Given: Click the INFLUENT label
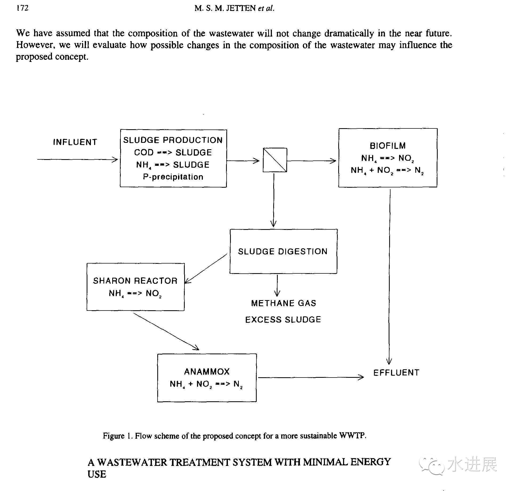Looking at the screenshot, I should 75,142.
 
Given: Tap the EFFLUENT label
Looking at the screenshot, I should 396,373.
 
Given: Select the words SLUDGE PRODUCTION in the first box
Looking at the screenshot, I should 173,140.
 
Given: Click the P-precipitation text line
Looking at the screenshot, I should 173,177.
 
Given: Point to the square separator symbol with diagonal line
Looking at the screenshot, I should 275,160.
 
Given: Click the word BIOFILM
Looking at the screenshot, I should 388,146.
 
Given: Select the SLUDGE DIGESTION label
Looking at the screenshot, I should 283,252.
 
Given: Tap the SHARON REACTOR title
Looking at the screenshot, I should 135,281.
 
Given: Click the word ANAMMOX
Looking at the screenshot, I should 207,372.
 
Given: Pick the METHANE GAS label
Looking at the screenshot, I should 283,303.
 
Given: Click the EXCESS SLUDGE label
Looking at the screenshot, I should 283,320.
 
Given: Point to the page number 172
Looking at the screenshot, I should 22,8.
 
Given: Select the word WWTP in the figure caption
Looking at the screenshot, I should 352,435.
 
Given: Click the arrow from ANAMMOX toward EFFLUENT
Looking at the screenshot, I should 311,378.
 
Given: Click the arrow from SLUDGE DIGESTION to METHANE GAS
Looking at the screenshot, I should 277,286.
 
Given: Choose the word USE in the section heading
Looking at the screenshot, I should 97,474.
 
